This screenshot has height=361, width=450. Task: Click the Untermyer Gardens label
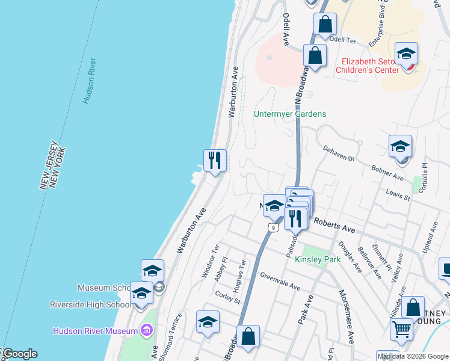pyautogui.click(x=290, y=114)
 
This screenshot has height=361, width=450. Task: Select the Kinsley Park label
pyautogui.click(x=318, y=259)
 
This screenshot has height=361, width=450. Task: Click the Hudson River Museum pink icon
pyautogui.click(x=146, y=330)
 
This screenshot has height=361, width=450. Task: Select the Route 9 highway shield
pyautogui.click(x=273, y=227)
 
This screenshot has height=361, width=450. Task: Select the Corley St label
pyautogui.click(x=227, y=297)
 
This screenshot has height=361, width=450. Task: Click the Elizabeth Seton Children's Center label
pyautogui.click(x=370, y=66)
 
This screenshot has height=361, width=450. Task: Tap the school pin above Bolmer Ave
pyautogui.click(x=400, y=147)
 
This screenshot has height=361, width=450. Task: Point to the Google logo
pyautogui.click(x=19, y=354)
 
